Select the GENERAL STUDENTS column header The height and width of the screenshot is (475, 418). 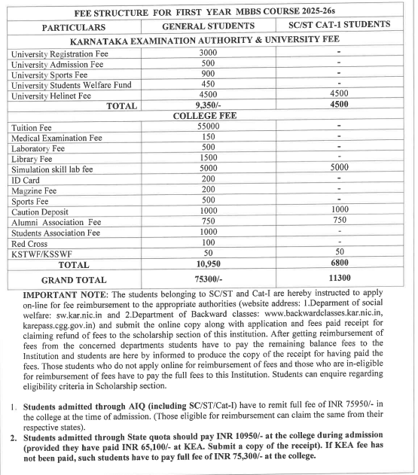pyautogui.click(x=206, y=26)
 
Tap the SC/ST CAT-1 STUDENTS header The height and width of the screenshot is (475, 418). pyautogui.click(x=340, y=25)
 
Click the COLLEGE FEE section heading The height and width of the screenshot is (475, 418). pyautogui.click(x=207, y=117)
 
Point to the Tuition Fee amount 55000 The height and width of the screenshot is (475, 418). pyautogui.click(x=207, y=128)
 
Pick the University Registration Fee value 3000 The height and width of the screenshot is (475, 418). pyautogui.click(x=208, y=53)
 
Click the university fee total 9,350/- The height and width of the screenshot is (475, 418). pyautogui.click(x=207, y=106)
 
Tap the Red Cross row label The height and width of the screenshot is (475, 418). pyautogui.click(x=29, y=243)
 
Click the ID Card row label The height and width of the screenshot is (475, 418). pyautogui.click(x=26, y=180)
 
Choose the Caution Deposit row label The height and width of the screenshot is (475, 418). pyautogui.click(x=41, y=212)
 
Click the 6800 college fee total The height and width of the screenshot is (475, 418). pyautogui.click(x=340, y=264)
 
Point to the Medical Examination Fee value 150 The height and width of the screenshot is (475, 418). pyautogui.click(x=208, y=138)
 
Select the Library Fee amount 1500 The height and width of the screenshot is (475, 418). pyautogui.click(x=208, y=159)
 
